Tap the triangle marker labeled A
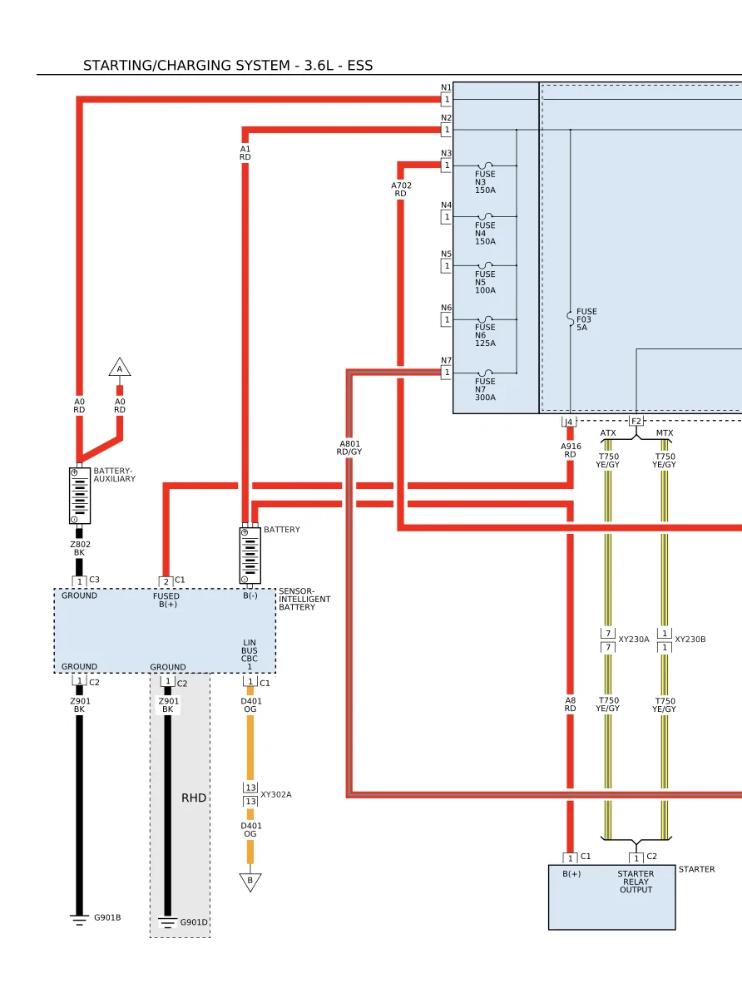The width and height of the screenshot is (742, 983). point(119,368)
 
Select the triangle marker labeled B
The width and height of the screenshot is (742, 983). point(250,882)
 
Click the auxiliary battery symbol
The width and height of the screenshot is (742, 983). point(80,496)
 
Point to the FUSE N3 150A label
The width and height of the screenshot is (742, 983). point(485,182)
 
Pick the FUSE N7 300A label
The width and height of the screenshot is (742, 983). point(485,389)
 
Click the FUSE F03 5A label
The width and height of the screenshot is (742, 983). point(586,319)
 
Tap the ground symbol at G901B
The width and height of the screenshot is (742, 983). point(79,920)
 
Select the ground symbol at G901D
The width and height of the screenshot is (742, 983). point(167,923)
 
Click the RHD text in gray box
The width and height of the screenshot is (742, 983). point(194,798)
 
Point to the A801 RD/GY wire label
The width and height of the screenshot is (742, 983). point(349,447)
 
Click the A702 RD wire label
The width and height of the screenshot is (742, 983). point(402,190)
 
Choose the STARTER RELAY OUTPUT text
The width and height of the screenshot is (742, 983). point(636,882)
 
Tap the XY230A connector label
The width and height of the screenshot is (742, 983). point(634,640)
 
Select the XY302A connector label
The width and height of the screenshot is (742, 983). point(276,794)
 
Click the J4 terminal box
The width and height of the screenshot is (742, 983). point(569,422)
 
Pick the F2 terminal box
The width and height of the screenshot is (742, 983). point(636,422)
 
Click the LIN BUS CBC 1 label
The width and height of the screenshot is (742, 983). point(250,655)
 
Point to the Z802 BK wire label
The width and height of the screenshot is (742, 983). point(80,549)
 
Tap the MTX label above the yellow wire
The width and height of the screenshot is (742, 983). point(665,433)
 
